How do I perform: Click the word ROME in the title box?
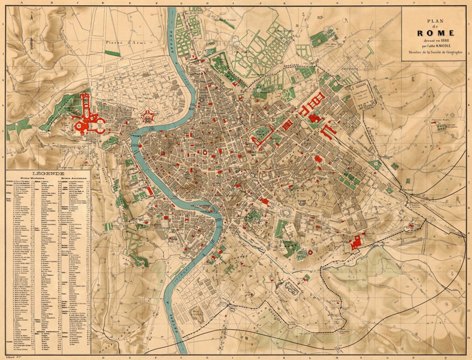pos(435,33)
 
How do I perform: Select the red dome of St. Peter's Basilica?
pos(79,125)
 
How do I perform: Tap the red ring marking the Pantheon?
pos(204,152)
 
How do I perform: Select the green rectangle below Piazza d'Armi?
pos(112,53)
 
